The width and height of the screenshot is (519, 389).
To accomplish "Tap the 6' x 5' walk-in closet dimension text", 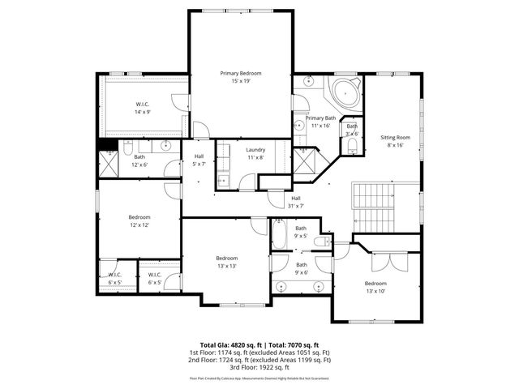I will click(115, 282).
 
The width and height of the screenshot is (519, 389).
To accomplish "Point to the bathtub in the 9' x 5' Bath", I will click(279, 238).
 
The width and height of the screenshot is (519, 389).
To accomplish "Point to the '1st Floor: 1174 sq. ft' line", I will click(259, 352).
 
